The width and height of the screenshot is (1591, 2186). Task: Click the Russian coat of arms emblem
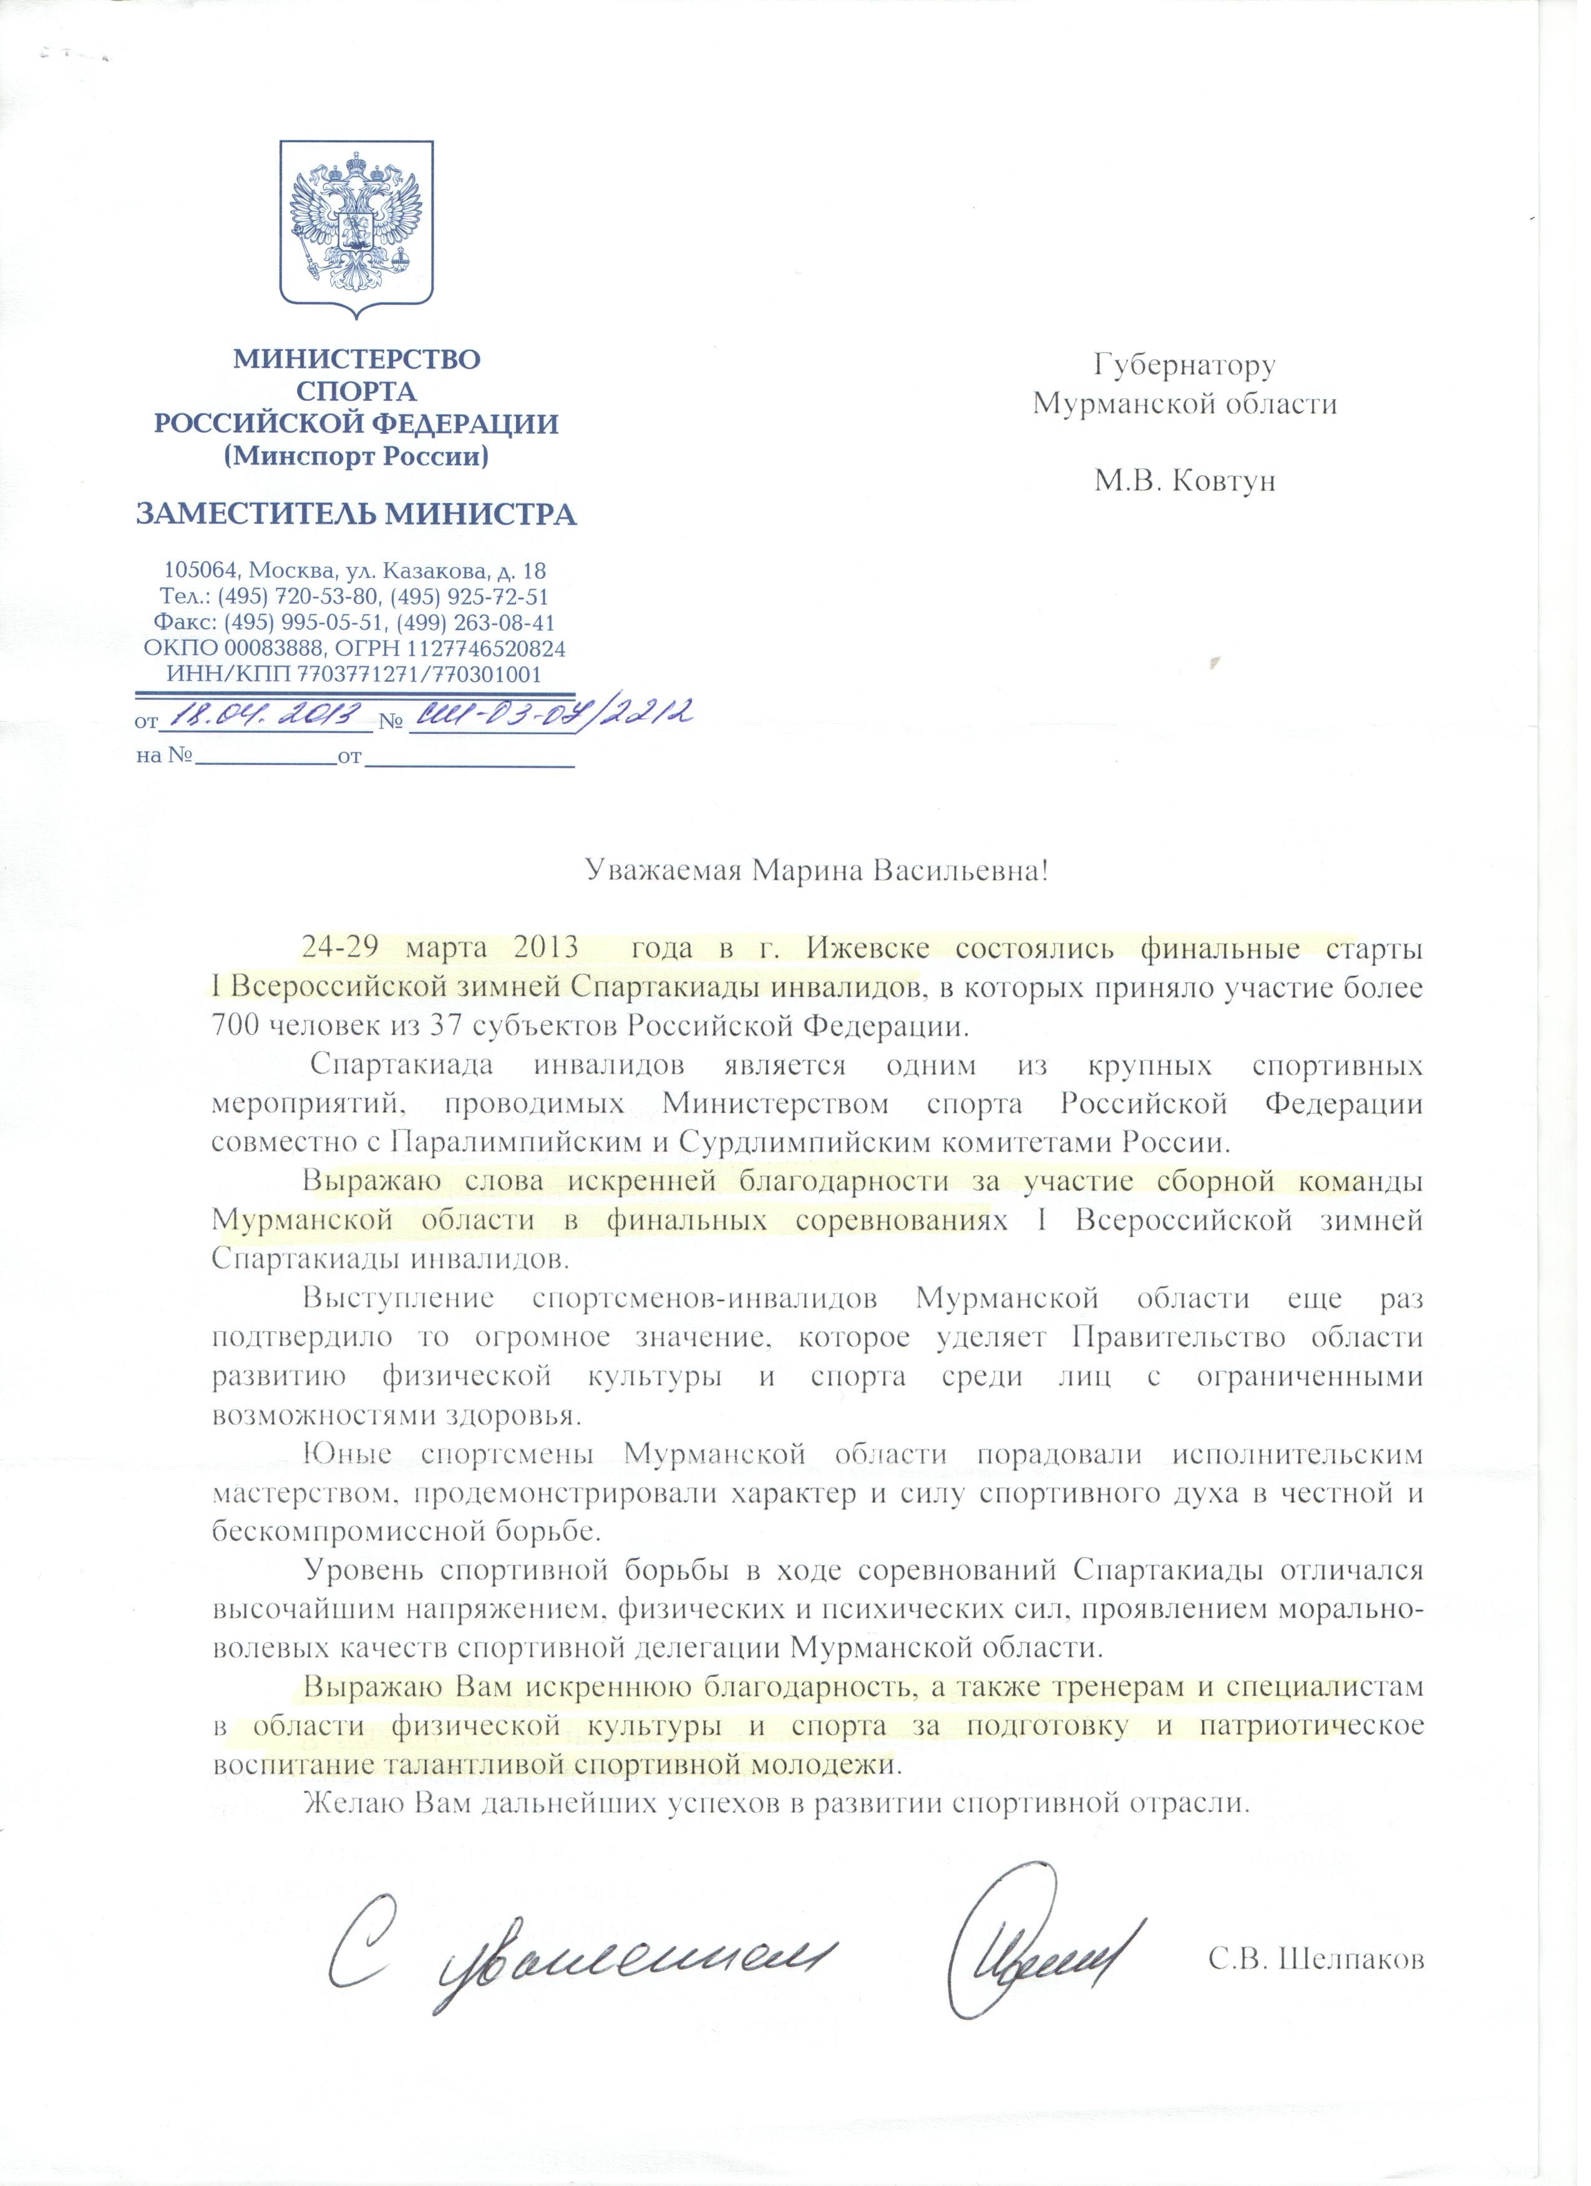click(357, 230)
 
